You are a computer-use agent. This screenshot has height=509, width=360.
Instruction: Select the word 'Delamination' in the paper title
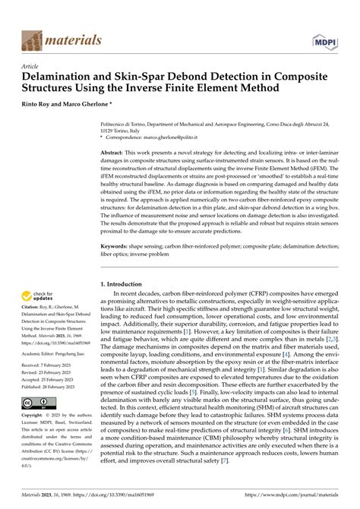[x=60, y=77]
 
